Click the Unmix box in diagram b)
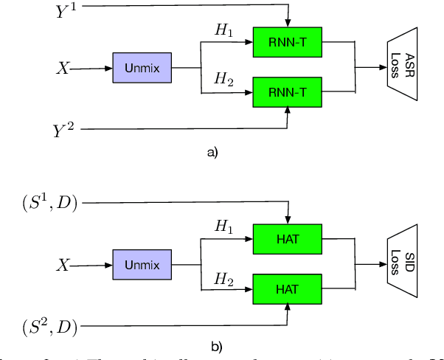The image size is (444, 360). pyautogui.click(x=142, y=263)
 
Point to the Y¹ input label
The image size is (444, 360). pyautogui.click(x=66, y=12)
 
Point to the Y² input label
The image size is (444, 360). pyautogui.click(x=65, y=131)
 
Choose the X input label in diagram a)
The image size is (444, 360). pyautogui.click(x=65, y=68)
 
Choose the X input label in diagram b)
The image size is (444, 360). pyautogui.click(x=65, y=264)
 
